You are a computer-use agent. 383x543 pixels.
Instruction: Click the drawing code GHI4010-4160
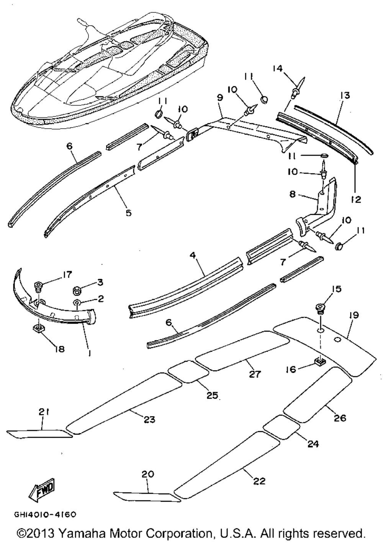coord(45,514)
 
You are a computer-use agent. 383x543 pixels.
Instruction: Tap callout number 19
coord(353,315)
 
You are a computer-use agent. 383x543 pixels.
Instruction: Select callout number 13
coord(345,96)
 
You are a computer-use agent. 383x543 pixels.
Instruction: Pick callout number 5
coord(129,212)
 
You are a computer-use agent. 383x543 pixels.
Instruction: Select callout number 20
coord(147,474)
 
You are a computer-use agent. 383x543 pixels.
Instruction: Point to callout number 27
coord(255,375)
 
